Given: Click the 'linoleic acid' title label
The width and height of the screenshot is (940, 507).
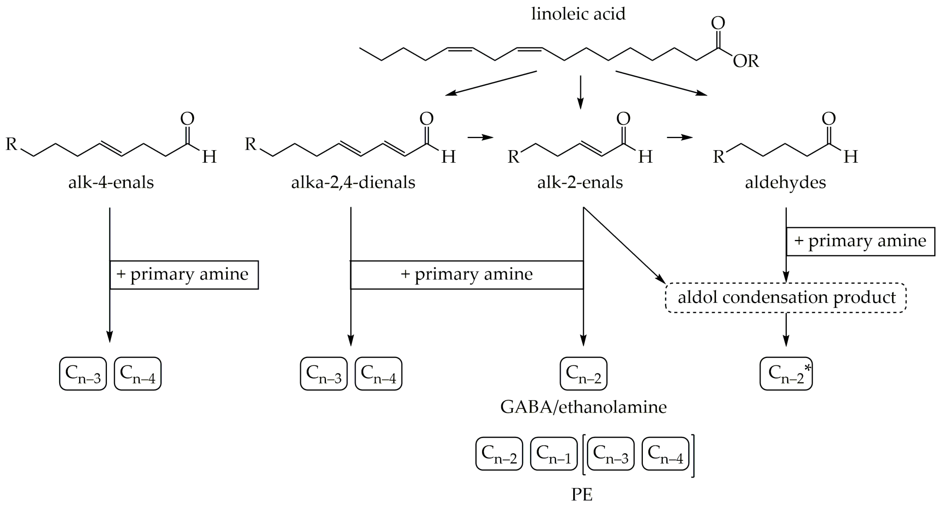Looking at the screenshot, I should [578, 14].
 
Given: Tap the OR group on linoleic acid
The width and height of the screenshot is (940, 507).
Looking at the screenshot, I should [746, 61].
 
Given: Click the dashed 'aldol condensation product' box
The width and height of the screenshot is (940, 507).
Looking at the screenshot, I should [786, 297].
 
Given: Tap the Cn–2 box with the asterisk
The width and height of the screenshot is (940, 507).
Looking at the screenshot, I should [786, 374].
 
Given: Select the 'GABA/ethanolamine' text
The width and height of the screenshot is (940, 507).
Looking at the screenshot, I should [583, 407].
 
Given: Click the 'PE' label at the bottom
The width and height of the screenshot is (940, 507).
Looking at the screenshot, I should [582, 495].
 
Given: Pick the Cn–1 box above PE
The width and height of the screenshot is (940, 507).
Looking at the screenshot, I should [554, 454].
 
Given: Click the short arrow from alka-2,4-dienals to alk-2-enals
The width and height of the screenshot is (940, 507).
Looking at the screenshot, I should [480, 137].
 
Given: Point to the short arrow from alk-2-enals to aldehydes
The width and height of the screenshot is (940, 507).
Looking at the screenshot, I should [680, 137].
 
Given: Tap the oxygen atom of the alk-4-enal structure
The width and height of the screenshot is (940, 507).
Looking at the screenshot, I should [187, 119].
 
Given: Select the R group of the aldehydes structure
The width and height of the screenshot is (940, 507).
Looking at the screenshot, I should [718, 157].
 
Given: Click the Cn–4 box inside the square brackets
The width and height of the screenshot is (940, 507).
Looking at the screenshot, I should [665, 454].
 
